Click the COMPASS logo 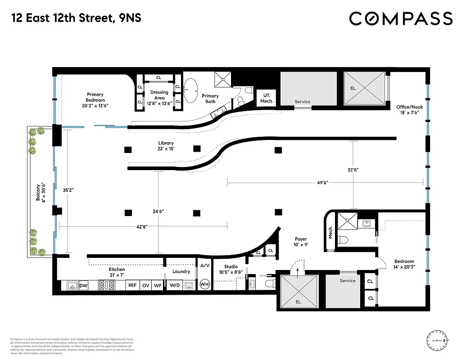(x=401, y=19)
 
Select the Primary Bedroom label (x=95, y=100)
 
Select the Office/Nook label (x=409, y=110)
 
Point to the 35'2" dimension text (x=68, y=190)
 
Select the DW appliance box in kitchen (x=83, y=285)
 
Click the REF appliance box (x=132, y=285)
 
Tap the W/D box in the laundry (x=173, y=285)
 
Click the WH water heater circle (x=204, y=284)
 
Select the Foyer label (x=301, y=242)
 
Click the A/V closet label (x=204, y=265)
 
